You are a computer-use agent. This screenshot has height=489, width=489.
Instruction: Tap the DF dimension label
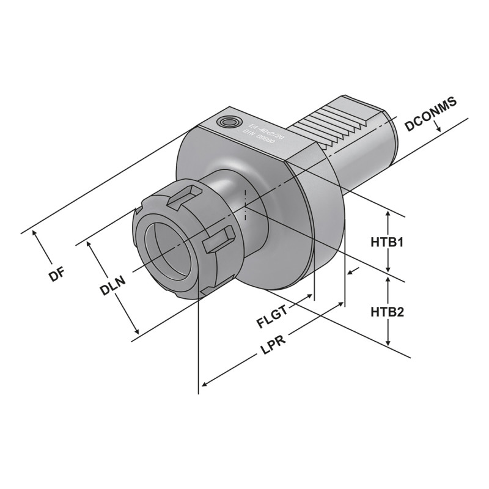coord(57,274)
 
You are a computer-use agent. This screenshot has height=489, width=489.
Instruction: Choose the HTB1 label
coord(388,242)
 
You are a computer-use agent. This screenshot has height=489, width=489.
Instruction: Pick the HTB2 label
coord(388,312)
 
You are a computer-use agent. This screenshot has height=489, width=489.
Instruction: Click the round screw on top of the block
coord(230,122)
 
